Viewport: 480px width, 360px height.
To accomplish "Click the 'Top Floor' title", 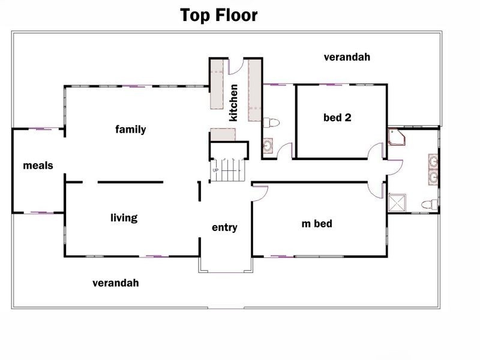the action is point(219,16).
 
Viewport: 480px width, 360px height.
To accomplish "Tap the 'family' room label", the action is point(131,130).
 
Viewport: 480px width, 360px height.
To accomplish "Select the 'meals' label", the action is point(38,166).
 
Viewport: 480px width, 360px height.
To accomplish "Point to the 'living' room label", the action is point(124,218).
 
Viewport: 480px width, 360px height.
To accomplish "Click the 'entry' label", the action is point(224,227).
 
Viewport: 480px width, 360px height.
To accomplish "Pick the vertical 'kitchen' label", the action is point(233,103).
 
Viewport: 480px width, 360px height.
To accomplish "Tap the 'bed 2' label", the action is point(337,117).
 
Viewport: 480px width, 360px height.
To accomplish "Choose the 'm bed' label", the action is point(317,223).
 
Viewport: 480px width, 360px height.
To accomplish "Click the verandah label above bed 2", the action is point(347,57).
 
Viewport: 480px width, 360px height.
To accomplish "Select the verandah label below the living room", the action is point(116,283).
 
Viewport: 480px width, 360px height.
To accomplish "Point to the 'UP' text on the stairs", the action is point(215,170).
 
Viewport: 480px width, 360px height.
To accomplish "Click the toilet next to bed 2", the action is point(272,123).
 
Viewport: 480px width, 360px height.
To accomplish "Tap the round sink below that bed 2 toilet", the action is point(268,146).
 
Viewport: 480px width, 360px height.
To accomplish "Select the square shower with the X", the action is point(397,203).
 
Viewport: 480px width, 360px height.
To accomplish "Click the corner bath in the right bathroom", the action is point(397,137).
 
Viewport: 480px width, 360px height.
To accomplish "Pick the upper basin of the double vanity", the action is point(433,161).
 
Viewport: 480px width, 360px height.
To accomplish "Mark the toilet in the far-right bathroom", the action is point(430,204).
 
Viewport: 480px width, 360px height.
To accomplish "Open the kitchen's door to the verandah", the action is point(236,67).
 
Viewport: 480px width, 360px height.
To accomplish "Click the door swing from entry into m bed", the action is point(260,193).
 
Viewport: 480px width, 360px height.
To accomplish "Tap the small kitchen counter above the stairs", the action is point(223,134).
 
